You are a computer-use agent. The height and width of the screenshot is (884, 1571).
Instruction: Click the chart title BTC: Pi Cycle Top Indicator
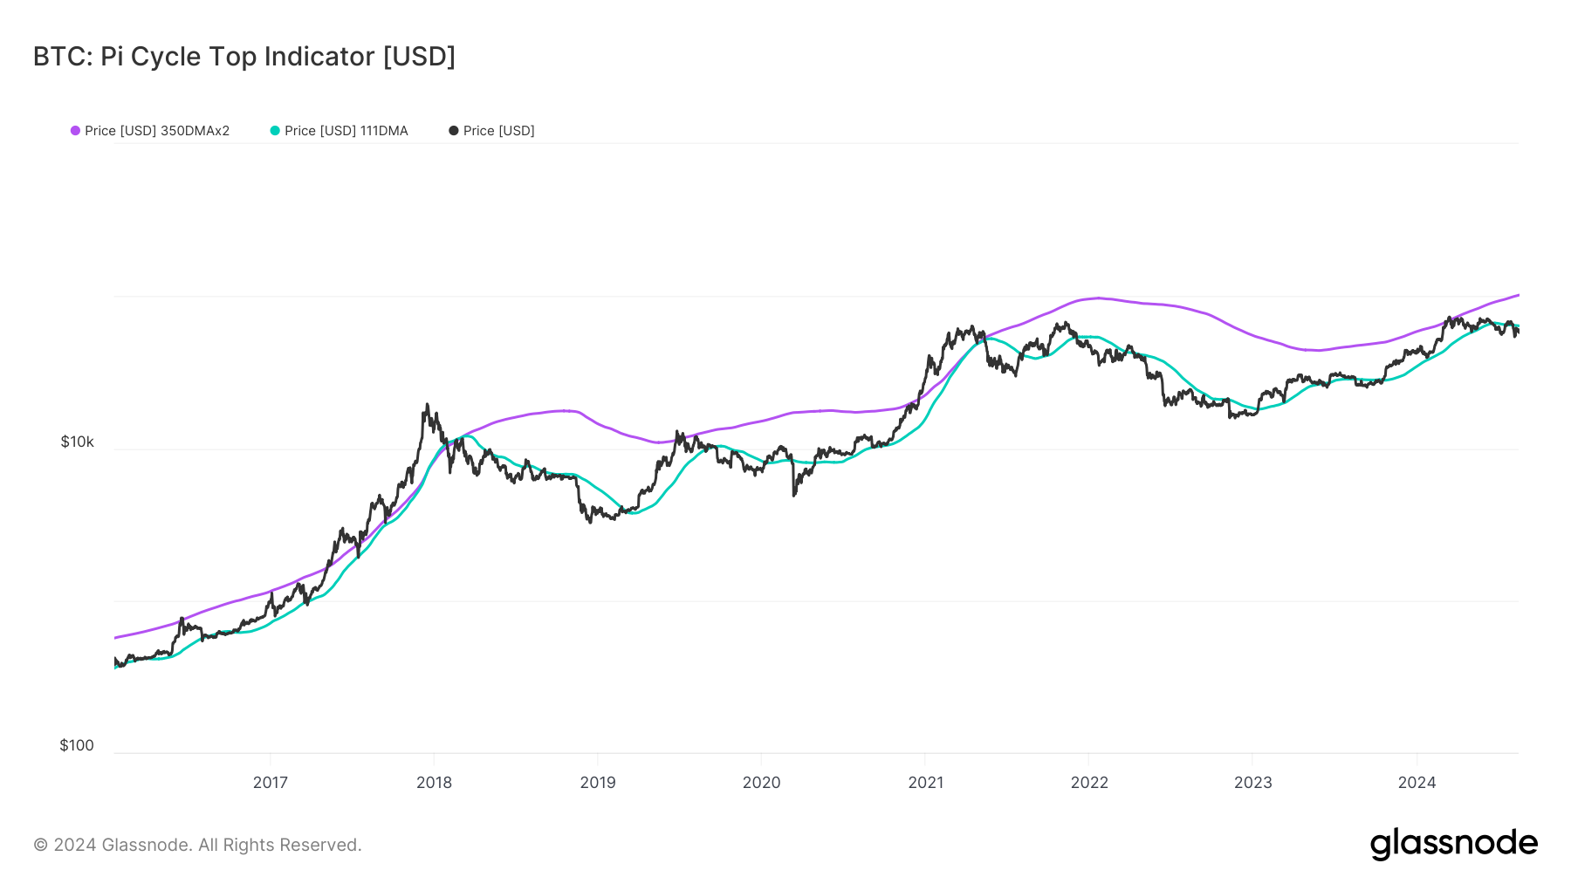point(244,57)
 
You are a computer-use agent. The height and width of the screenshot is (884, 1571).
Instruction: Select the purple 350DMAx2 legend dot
point(75,131)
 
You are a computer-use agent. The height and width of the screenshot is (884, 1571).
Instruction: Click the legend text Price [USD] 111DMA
point(346,131)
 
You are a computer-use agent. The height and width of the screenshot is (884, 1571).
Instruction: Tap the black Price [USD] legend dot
point(453,131)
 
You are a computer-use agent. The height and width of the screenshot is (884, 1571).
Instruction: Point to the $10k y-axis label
point(77,442)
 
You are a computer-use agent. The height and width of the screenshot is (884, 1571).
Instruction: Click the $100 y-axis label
point(76,745)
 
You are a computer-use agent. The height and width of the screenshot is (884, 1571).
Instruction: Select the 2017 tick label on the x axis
point(271,783)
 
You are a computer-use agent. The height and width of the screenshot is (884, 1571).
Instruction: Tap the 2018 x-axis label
point(434,783)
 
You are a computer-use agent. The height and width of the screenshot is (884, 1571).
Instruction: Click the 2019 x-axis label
point(598,783)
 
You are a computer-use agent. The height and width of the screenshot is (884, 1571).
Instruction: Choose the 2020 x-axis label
point(761,783)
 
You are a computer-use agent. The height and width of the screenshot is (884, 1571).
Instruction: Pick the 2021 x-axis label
point(925,783)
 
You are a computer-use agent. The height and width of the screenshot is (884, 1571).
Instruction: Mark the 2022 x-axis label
point(1089,783)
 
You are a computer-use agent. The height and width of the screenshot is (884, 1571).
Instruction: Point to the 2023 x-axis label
point(1252,783)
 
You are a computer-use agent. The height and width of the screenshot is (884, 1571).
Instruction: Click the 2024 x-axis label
point(1417,783)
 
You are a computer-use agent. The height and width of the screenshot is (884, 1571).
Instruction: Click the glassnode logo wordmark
point(1453,844)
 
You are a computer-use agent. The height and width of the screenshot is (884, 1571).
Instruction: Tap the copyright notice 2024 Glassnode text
point(197,845)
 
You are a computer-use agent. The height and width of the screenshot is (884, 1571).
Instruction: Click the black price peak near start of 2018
point(427,405)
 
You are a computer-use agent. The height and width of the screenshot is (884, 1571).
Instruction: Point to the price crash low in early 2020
point(794,495)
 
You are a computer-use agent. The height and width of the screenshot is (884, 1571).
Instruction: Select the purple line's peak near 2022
point(1098,298)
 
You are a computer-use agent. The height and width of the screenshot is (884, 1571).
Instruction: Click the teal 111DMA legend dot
point(275,131)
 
